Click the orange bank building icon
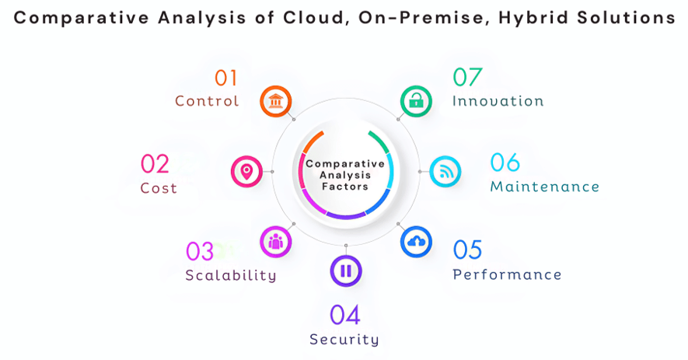pyautogui.click(x=275, y=101)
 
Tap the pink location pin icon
pyautogui.click(x=246, y=171)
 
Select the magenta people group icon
pyautogui.click(x=275, y=242)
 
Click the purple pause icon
pyautogui.click(x=345, y=271)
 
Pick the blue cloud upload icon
pyautogui.click(x=417, y=242)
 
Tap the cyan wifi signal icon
pyautogui.click(x=445, y=171)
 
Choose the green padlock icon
pyautogui.click(x=417, y=101)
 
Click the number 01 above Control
pyautogui.click(x=225, y=78)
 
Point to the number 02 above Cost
pyautogui.click(x=155, y=164)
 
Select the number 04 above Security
pyautogui.click(x=345, y=315)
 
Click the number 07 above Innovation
pyautogui.click(x=467, y=78)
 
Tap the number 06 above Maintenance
pyautogui.click(x=505, y=163)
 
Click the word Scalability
pyautogui.click(x=231, y=275)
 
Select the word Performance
pyautogui.click(x=507, y=274)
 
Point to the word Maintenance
pyautogui.click(x=544, y=187)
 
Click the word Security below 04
pyautogui.click(x=344, y=340)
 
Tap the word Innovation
pyautogui.click(x=498, y=101)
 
